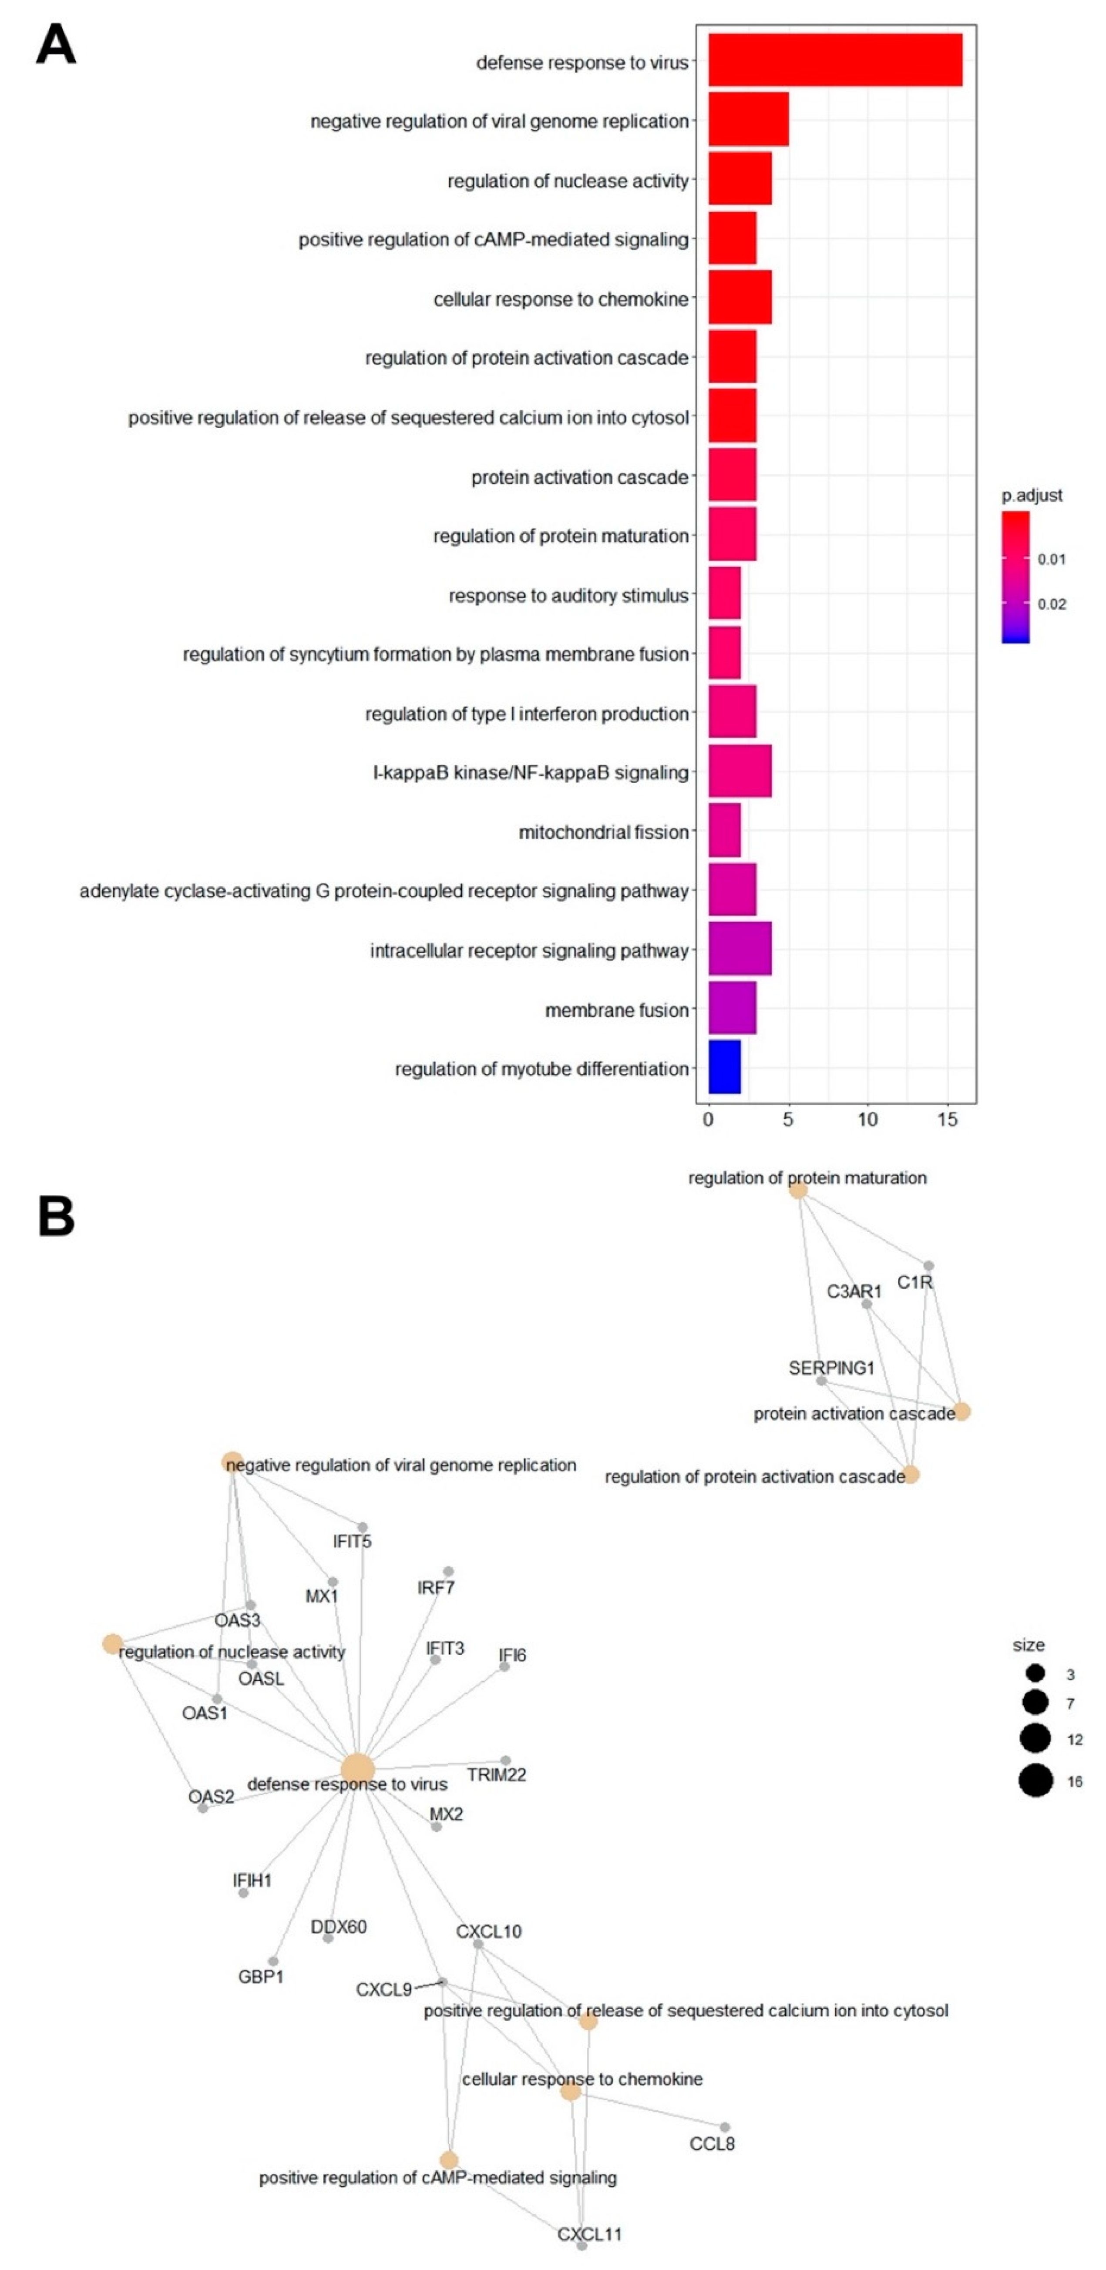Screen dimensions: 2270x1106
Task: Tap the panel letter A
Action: (x=56, y=44)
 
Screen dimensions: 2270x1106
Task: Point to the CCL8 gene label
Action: (x=712, y=2143)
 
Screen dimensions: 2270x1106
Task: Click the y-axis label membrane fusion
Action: (x=616, y=1010)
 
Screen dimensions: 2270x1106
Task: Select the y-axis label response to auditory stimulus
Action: (x=568, y=596)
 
